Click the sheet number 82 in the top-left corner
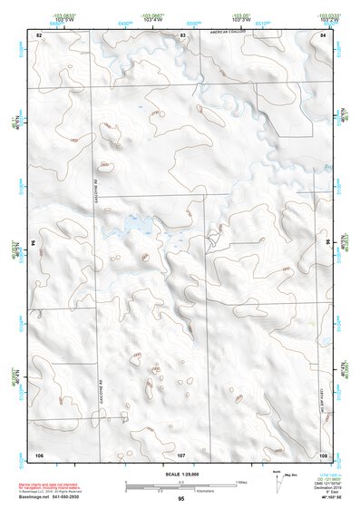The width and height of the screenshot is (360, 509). point(39,34)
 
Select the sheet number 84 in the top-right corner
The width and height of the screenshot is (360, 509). point(323,34)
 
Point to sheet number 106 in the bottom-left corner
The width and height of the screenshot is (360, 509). point(39,453)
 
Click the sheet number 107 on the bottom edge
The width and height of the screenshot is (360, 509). point(181,453)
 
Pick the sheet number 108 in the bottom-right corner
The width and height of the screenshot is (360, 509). point(323,453)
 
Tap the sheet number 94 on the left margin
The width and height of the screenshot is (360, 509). point(32,243)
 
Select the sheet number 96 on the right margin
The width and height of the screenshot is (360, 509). point(329,243)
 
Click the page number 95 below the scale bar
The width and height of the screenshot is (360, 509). point(181,499)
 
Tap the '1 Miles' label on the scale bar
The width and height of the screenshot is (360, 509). point(241,481)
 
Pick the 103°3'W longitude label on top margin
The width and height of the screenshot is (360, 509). point(239,18)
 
